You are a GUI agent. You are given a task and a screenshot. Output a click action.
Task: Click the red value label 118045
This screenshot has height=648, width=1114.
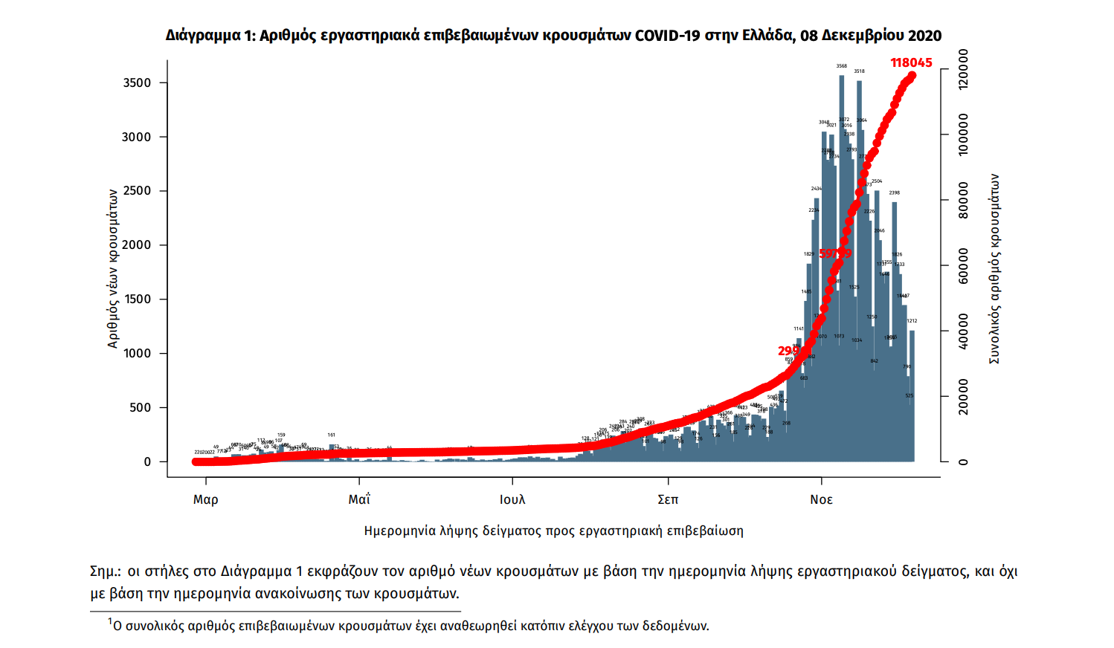click(x=911, y=62)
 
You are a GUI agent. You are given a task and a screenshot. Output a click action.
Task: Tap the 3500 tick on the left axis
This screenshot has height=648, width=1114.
click(x=137, y=82)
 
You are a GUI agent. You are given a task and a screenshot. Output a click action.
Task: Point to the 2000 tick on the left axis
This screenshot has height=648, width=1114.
click(x=137, y=245)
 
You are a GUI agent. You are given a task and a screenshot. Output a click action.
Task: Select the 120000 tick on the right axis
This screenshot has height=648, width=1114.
click(x=963, y=69)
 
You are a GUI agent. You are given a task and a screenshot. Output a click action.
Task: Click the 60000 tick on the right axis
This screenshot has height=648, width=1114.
click(x=963, y=265)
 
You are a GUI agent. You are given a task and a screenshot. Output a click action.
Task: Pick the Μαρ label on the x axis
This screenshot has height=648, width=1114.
click(x=205, y=499)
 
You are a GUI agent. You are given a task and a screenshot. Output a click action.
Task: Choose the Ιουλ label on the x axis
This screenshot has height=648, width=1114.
click(x=512, y=499)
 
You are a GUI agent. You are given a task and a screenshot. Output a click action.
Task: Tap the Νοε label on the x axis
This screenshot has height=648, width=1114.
click(x=821, y=499)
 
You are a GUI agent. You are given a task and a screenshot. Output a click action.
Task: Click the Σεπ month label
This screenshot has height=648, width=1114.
click(x=668, y=499)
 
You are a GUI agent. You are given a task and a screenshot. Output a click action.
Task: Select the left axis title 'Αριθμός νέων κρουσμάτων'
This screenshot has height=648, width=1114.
click(x=113, y=268)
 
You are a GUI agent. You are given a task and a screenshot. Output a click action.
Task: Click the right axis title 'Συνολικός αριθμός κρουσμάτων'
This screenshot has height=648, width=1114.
click(x=994, y=269)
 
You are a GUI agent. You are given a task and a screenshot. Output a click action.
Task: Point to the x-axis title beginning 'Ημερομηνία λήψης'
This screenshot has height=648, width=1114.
click(x=553, y=531)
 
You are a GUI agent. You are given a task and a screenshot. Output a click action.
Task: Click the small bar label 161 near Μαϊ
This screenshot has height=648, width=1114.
click(x=332, y=435)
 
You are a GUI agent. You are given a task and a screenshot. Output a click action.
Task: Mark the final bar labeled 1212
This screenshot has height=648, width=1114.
click(x=912, y=394)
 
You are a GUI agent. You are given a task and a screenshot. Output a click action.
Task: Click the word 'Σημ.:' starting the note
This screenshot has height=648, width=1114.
click(x=105, y=571)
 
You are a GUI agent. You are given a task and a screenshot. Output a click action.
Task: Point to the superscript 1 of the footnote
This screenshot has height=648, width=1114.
click(x=110, y=621)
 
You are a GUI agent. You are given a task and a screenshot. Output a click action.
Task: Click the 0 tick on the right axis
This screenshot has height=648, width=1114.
click(x=963, y=461)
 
